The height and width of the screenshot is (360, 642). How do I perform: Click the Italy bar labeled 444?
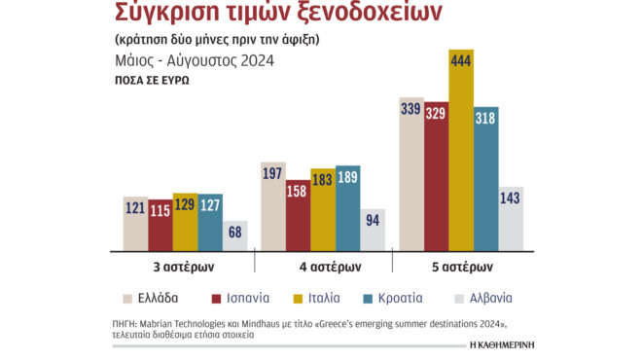pyautogui.click(x=461, y=151)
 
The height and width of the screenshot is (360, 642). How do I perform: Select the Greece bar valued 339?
pyautogui.click(x=411, y=175)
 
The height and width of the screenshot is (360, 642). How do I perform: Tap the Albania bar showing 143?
pyautogui.click(x=511, y=218)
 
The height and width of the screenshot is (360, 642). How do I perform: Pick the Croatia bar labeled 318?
pyautogui.click(x=485, y=179)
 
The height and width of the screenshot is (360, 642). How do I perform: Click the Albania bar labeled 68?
pyautogui.click(x=234, y=235)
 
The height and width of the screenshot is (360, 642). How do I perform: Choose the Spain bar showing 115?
pyautogui.click(x=160, y=225)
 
